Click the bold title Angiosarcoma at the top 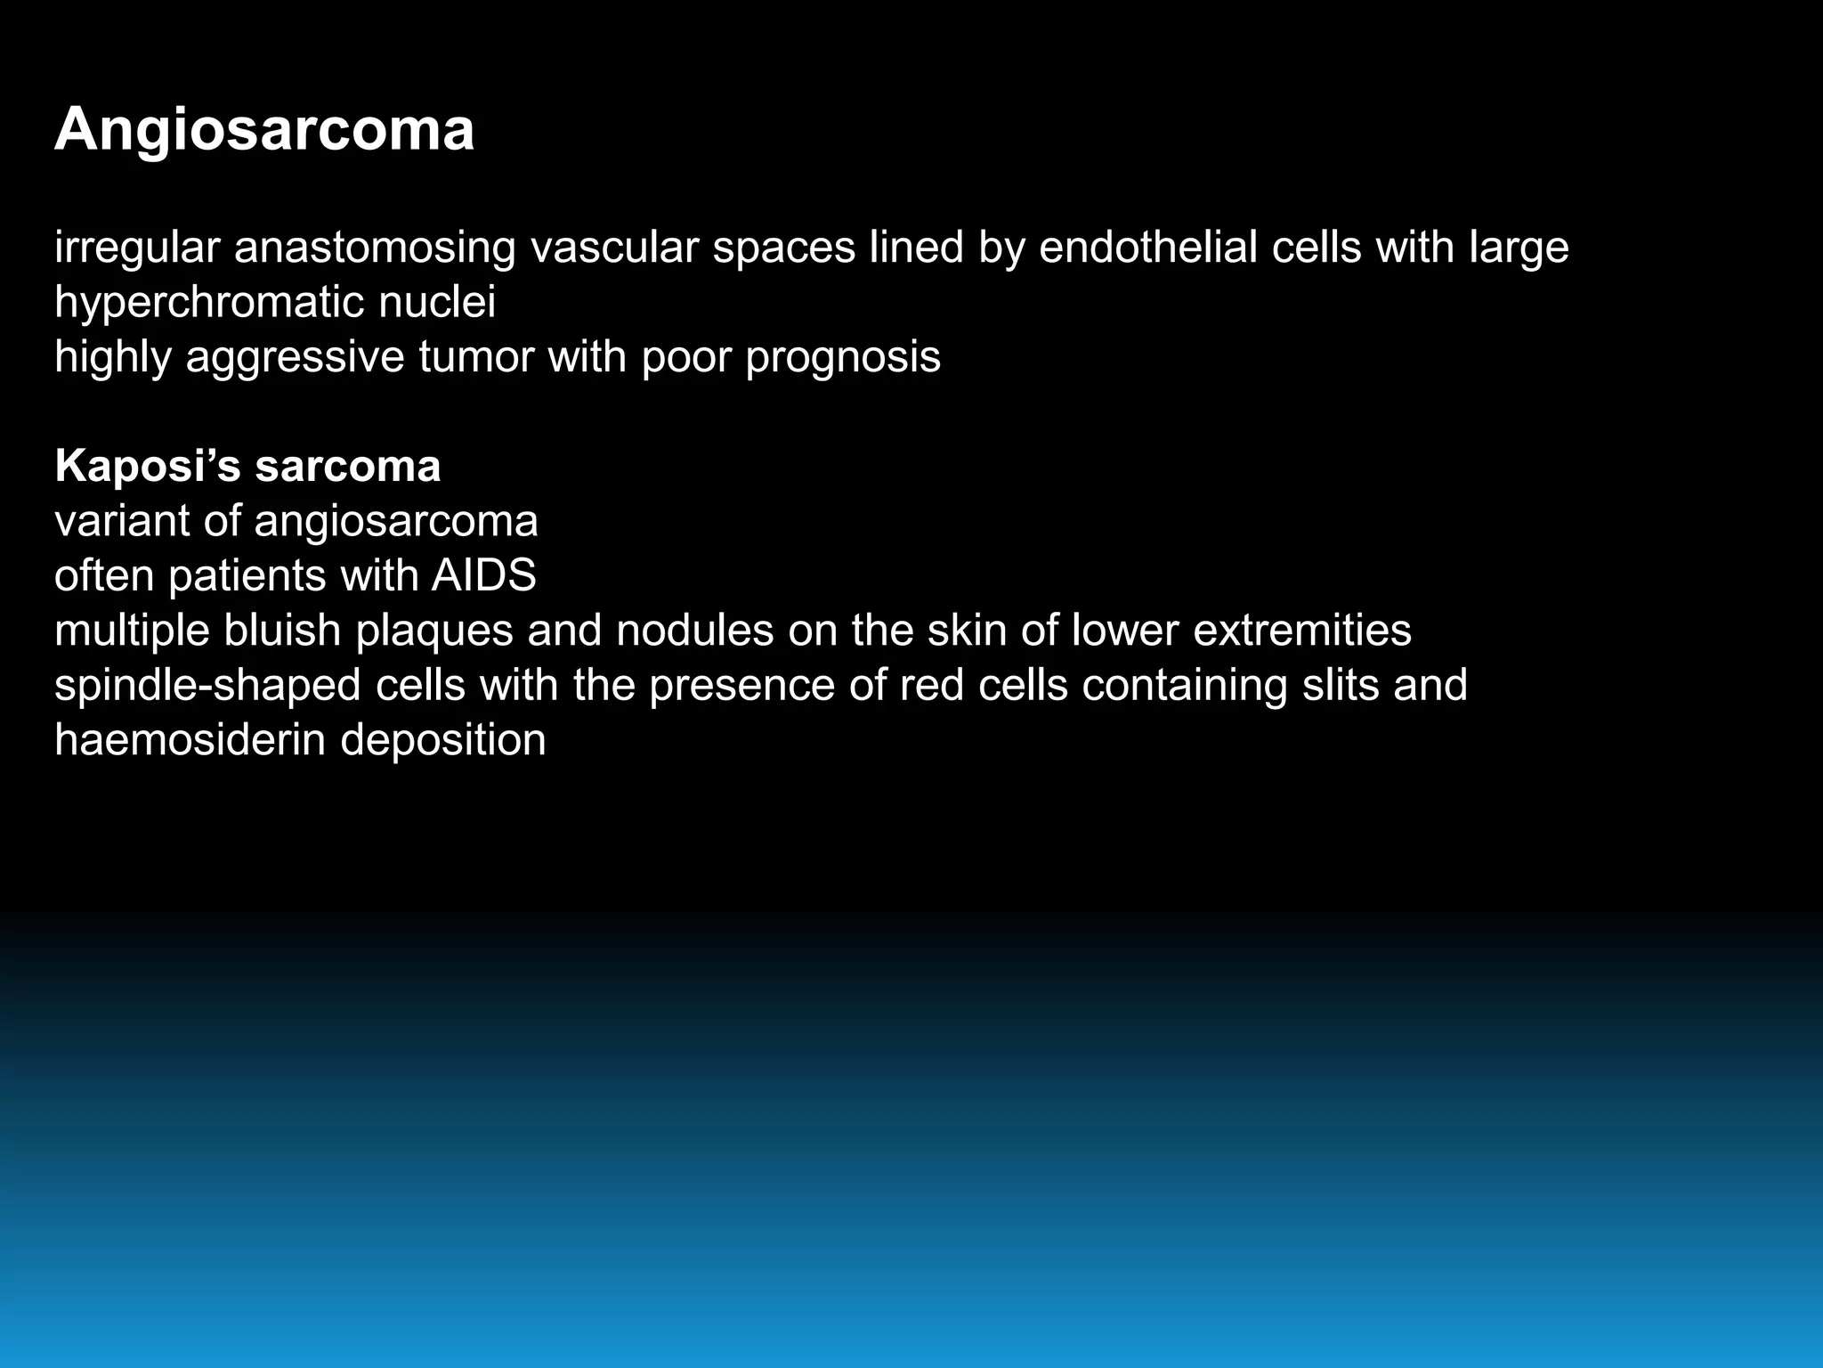tap(264, 130)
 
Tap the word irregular tap(137, 247)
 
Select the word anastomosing tap(375, 247)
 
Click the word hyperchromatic tap(209, 302)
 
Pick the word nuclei tap(436, 302)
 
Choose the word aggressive tap(295, 358)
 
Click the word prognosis tap(842, 358)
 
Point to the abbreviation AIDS tap(483, 575)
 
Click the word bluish tap(282, 631)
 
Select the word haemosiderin tap(190, 740)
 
